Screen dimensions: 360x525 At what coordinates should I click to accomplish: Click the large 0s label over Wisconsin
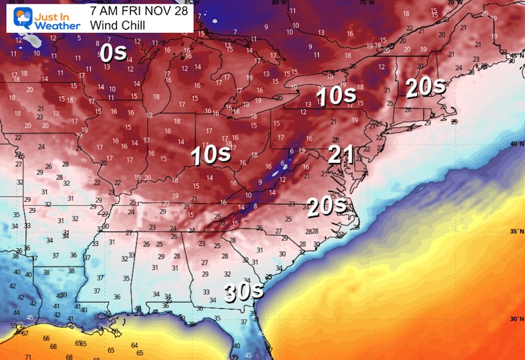click(x=113, y=53)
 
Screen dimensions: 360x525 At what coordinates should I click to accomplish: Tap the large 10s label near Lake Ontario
click(x=336, y=97)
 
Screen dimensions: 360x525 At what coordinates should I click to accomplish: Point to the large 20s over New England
click(x=425, y=87)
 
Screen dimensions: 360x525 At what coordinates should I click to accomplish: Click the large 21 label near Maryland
click(x=341, y=155)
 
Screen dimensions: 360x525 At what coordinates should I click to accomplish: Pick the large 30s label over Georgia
click(x=243, y=292)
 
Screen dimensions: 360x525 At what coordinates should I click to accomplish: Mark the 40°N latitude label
click(x=515, y=144)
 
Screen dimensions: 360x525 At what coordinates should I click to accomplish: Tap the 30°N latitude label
click(x=515, y=319)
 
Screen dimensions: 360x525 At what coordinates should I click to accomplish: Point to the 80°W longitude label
click(x=280, y=3)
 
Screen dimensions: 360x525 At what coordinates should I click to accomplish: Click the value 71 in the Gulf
click(x=28, y=356)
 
